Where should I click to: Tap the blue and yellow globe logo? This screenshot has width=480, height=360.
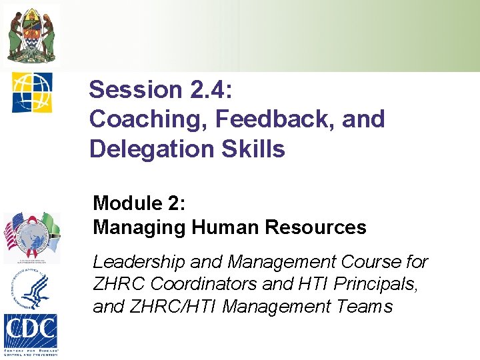click(31, 92)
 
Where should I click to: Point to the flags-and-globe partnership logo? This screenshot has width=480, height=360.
click(31, 238)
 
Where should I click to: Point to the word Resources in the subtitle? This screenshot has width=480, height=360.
click(315, 227)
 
